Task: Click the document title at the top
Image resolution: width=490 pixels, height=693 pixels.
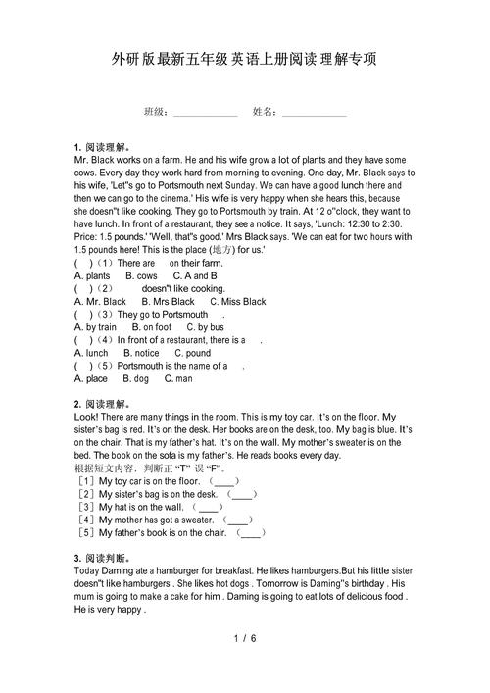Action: click(244, 60)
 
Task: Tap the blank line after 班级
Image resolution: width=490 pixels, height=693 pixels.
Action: click(206, 114)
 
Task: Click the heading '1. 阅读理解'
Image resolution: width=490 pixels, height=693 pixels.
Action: click(103, 146)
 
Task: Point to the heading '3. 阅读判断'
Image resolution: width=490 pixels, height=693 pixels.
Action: click(103, 559)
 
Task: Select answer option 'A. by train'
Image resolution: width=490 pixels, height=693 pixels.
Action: click(95, 327)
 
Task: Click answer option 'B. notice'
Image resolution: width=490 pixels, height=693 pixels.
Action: click(141, 353)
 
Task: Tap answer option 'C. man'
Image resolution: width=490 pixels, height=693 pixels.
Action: click(178, 378)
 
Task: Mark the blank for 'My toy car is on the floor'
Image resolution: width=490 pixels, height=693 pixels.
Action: click(224, 482)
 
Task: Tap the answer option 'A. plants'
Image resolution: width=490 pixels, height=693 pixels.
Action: click(93, 276)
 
